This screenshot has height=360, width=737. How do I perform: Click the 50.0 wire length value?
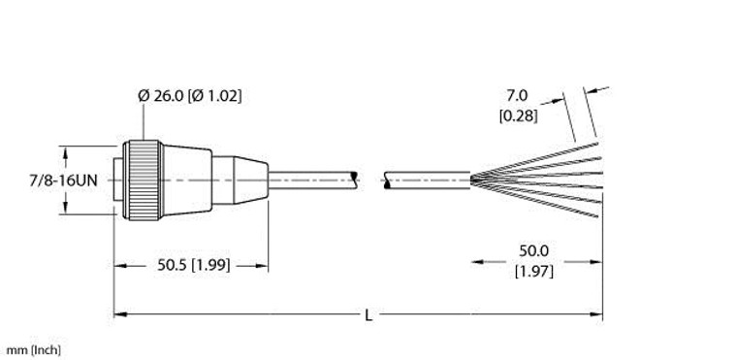point(534,251)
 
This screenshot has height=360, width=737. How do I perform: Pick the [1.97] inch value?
point(534,271)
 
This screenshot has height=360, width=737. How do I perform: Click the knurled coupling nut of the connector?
point(143,180)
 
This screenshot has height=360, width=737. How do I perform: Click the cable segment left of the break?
point(310,180)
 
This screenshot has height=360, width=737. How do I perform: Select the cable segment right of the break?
point(427,180)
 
